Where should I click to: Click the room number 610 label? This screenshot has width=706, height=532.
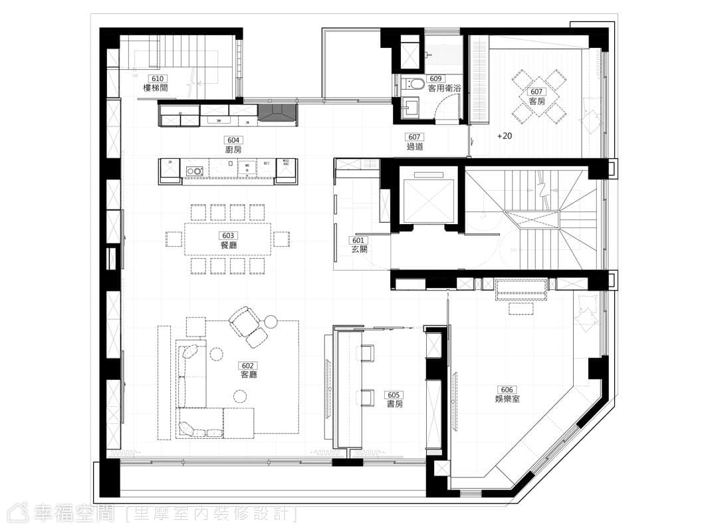click(x=157, y=78)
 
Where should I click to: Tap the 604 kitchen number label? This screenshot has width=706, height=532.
click(x=233, y=140)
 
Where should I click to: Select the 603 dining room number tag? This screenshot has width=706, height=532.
click(x=228, y=235)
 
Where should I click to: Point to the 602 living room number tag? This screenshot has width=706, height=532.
click(x=248, y=366)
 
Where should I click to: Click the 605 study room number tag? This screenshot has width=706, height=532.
click(x=394, y=395)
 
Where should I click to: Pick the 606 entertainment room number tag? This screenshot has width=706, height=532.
click(x=507, y=390)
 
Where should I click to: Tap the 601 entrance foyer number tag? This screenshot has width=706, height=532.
click(x=358, y=241)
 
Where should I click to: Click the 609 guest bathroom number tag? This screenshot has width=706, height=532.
click(x=435, y=79)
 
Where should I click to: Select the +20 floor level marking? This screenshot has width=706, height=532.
click(x=505, y=136)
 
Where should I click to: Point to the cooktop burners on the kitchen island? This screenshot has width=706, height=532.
click(x=195, y=171)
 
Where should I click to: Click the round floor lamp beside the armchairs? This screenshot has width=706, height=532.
click(x=271, y=322)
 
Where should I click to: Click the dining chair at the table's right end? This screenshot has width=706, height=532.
click(x=281, y=239)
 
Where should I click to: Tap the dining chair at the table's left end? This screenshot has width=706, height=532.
click(x=174, y=239)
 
